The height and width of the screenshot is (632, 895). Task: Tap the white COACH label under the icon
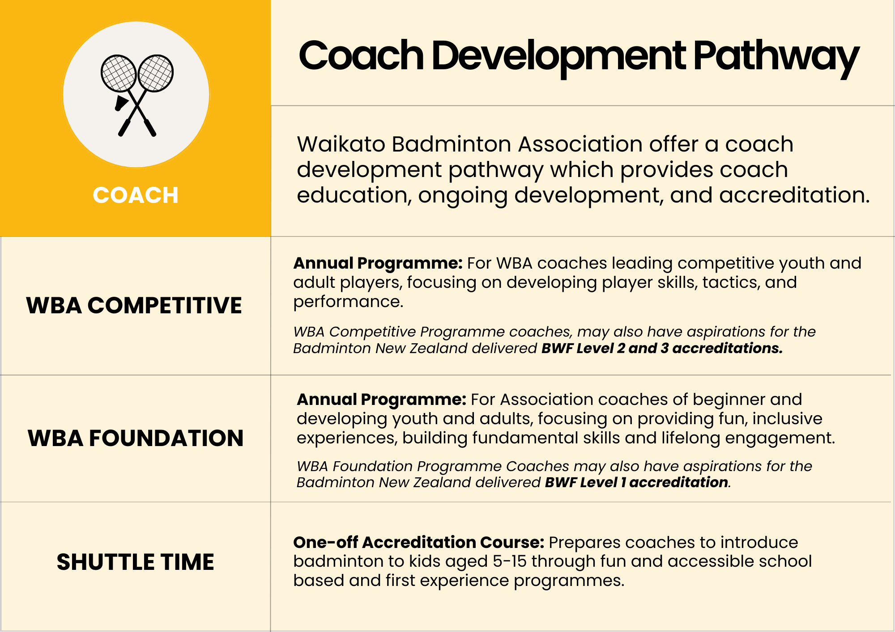[136, 195]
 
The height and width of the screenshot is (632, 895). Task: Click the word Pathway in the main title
[776, 57]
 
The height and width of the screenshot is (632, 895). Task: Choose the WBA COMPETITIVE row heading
[134, 306]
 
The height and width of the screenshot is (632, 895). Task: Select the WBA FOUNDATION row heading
[136, 438]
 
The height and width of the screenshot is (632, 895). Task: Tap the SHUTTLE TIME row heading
[136, 562]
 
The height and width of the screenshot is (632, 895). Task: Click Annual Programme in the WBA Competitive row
[378, 263]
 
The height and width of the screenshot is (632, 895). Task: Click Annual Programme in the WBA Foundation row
[381, 400]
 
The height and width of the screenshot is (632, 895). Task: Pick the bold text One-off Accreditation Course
[419, 542]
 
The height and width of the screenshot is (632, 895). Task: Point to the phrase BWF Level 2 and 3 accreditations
[662, 348]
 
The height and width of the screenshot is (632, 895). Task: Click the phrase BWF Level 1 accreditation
[636, 482]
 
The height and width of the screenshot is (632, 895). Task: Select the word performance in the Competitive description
[348, 302]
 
